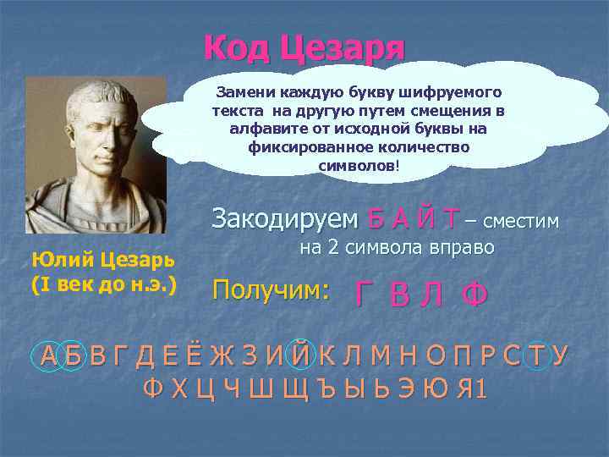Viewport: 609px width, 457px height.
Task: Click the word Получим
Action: pos(271,289)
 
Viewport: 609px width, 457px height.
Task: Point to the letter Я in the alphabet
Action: pos(461,390)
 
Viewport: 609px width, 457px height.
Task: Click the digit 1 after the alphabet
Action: pos(480,390)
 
